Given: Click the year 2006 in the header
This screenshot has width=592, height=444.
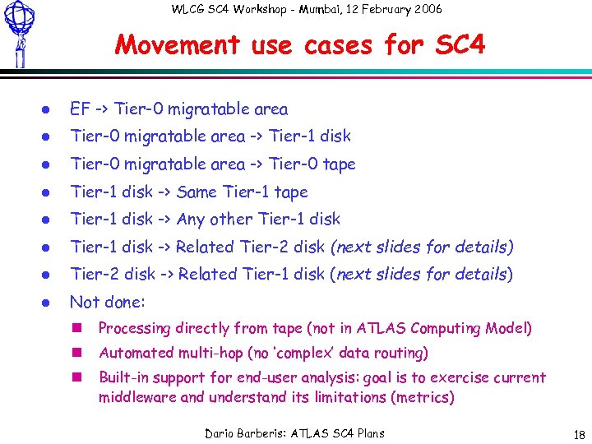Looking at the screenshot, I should tap(425, 9).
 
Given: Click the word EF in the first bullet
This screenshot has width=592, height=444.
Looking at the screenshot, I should tap(80, 109).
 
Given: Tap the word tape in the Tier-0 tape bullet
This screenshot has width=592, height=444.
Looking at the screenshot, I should tap(339, 164).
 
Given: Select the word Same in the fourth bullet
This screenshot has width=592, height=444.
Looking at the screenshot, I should tap(197, 192).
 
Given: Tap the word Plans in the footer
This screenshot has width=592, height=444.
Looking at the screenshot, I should tap(367, 433).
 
